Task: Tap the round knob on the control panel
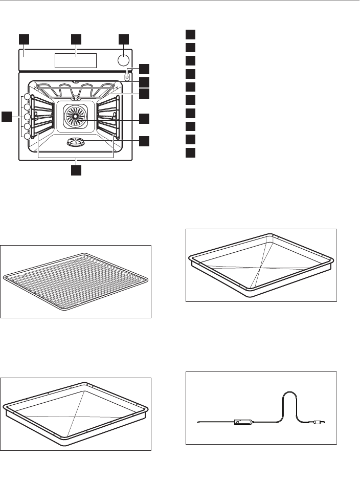point(123,60)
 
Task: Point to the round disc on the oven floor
point(75,144)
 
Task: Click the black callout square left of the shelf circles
point(7,117)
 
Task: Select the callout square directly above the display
point(76,39)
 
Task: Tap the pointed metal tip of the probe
point(200,423)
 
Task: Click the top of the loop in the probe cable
point(289,392)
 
